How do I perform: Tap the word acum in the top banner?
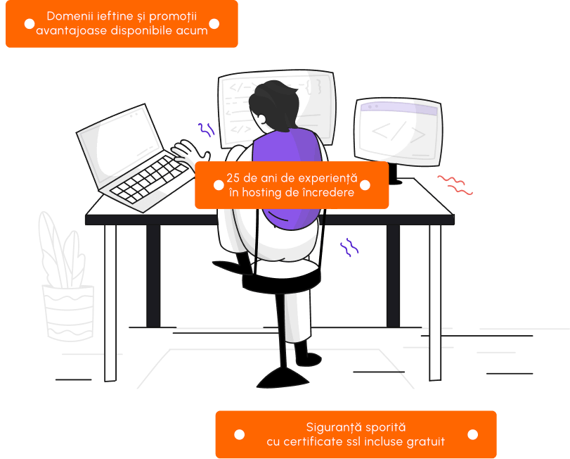click(x=192, y=30)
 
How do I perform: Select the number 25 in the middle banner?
click(x=233, y=178)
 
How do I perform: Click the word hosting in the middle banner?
click(x=261, y=193)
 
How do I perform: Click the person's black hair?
click(x=276, y=103)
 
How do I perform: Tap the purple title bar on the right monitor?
click(x=399, y=108)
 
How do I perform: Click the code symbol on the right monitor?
click(x=399, y=132)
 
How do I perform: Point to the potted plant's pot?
click(x=69, y=313)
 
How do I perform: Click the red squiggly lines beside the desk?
click(x=455, y=185)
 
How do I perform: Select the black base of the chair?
click(x=283, y=379)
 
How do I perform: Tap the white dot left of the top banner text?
click(x=30, y=24)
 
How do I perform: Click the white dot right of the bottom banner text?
click(x=472, y=434)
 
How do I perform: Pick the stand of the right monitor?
click(x=394, y=174)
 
